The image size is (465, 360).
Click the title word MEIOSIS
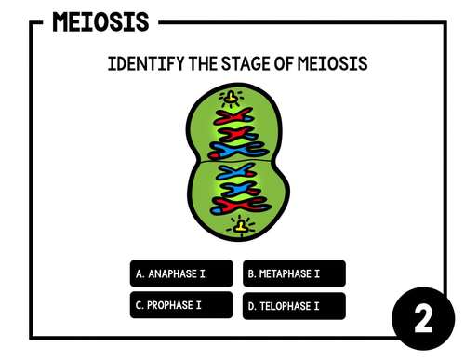click(100, 20)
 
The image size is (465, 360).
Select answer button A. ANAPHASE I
click(180, 273)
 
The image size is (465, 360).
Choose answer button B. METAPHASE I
click(294, 273)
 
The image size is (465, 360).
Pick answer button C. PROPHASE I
click(180, 305)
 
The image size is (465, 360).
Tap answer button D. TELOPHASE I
click(294, 305)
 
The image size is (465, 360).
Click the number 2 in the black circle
click(423, 322)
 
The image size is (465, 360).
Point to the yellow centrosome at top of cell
click(228, 97)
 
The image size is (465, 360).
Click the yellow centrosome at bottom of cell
click(240, 225)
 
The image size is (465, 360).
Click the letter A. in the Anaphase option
click(140, 274)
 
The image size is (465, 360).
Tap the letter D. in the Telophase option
click(252, 306)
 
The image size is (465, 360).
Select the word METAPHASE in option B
click(286, 274)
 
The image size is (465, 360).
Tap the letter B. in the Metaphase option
click(252, 274)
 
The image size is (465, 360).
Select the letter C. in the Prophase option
click(139, 305)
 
